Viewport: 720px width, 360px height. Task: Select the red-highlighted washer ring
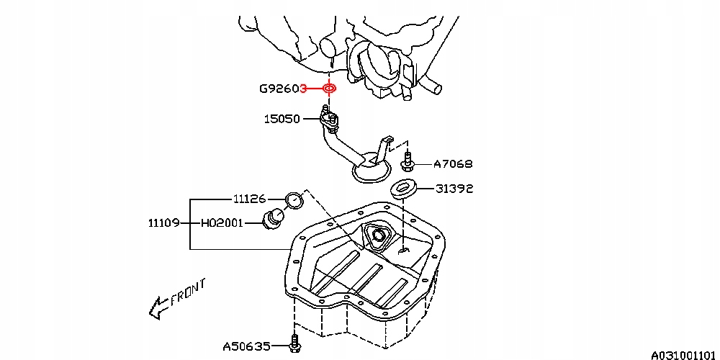pyautogui.click(x=329, y=89)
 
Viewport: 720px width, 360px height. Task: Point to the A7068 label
pyautogui.click(x=453, y=164)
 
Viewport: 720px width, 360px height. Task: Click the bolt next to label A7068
pyautogui.click(x=408, y=161)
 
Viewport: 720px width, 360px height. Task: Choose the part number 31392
pyautogui.click(x=454, y=189)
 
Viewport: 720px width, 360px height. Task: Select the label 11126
pyautogui.click(x=249, y=198)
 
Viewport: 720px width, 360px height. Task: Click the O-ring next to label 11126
pyautogui.click(x=293, y=199)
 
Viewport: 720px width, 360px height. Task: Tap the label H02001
pyautogui.click(x=222, y=223)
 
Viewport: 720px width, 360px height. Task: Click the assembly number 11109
pyautogui.click(x=164, y=223)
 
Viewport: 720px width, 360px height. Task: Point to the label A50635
pyautogui.click(x=246, y=346)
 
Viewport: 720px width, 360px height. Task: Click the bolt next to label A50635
pyautogui.click(x=294, y=343)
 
